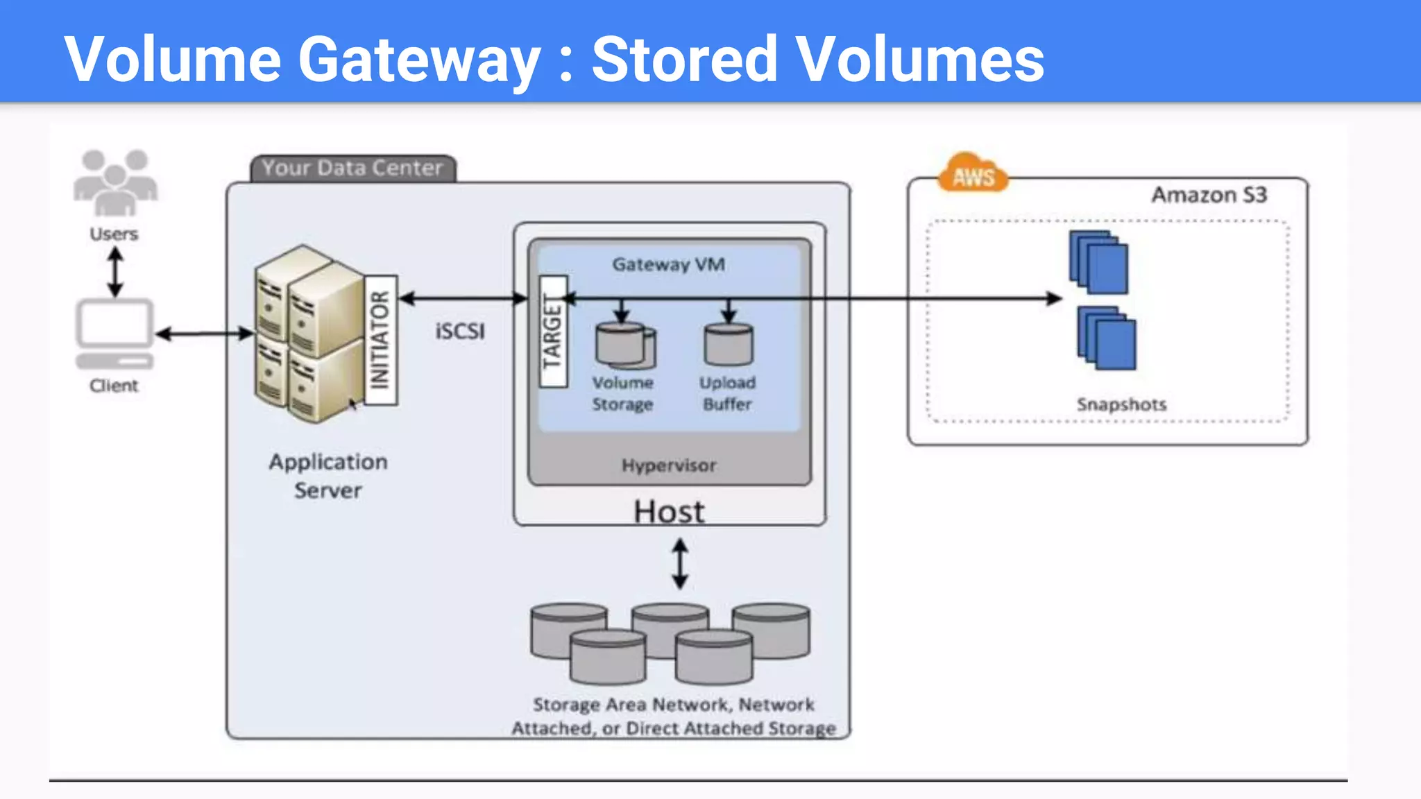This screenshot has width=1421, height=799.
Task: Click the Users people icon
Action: pos(115,182)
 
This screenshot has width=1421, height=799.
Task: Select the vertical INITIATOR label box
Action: pos(380,340)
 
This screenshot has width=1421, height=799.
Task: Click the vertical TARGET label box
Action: pos(553,332)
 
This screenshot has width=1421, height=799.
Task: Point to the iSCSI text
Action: pos(460,332)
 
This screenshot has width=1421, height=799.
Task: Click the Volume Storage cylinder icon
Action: pos(624,345)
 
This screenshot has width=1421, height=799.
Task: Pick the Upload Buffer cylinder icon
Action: pos(728,344)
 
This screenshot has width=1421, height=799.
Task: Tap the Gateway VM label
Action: pos(668,264)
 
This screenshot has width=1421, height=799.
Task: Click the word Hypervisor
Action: pos(668,465)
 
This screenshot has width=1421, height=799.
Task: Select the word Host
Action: pos(669,512)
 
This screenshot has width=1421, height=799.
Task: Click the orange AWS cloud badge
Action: pos(973,175)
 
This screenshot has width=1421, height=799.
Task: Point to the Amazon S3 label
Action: pos(1209,195)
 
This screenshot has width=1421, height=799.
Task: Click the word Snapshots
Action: pos(1121,404)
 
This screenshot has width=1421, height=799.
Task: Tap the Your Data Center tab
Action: pos(352,168)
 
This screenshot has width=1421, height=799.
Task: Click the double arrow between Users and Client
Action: pos(115,272)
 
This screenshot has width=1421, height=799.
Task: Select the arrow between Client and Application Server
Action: pos(204,334)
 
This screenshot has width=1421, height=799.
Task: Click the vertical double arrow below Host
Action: pos(680,565)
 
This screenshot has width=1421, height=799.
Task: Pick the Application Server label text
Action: pos(328,476)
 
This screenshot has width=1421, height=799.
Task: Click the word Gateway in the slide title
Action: pos(418,60)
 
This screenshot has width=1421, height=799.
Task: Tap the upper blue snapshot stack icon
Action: pos(1098,262)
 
